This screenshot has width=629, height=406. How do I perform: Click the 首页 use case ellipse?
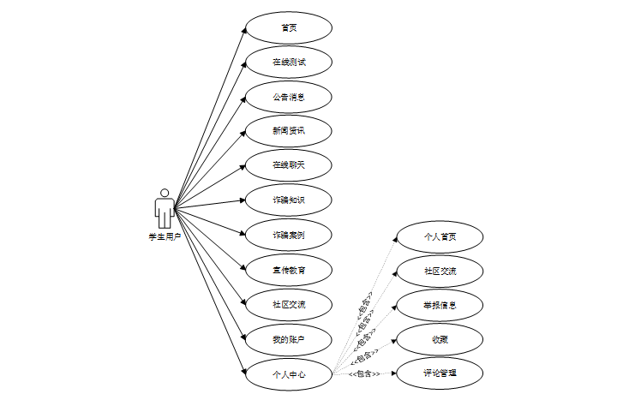tap(289, 27)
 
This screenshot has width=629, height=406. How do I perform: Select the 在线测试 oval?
tap(289, 63)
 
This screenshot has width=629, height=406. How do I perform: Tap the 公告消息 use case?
tap(289, 97)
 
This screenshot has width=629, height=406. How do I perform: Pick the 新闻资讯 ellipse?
tap(289, 131)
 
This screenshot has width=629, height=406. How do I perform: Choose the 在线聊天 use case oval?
tap(289, 165)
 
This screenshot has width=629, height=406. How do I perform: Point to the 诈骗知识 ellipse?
tap(289, 200)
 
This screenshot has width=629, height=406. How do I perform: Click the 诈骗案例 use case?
tap(289, 235)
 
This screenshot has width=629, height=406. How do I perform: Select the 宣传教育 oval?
tap(289, 270)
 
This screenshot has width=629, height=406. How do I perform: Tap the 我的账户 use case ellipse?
tap(289, 339)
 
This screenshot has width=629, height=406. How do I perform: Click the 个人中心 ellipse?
tap(289, 373)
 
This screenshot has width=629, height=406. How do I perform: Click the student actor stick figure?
tap(164, 209)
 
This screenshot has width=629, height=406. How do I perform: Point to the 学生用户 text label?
tap(164, 236)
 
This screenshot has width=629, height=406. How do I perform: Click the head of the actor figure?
tap(164, 194)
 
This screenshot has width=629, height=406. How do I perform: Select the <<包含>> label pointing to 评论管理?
tap(364, 374)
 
